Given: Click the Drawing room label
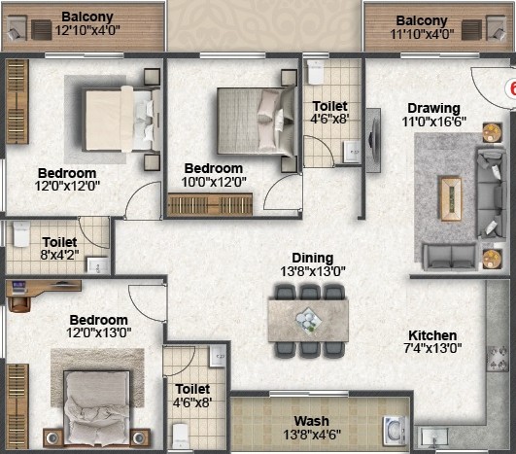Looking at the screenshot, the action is pos(433,108).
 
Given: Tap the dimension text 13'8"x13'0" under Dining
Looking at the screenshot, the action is pos(313,271).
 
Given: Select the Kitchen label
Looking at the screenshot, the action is pos(432,335).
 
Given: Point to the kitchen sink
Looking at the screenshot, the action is pos(434,437).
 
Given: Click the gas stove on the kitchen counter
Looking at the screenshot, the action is pos(498,359).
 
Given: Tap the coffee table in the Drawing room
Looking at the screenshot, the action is pos(451,198).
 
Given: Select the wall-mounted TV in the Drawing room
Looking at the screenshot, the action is pos(373,140).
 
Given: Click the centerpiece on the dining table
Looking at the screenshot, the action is pos(308,320).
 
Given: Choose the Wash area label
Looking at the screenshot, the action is pos(311,421).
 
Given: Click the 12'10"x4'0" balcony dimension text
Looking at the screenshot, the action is pos(87,30).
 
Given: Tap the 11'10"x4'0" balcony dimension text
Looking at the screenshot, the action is pos(422,34).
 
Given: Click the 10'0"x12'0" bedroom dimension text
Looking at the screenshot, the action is pos(214,182).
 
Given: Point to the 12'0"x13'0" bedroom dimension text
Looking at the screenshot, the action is pos(99,332).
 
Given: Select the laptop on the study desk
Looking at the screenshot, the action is pos(18,286).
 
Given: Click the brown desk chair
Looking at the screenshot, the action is pos(19,303).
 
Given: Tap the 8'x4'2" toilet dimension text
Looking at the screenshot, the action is pos(59,255).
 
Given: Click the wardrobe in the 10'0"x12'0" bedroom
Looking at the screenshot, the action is pos(210,205).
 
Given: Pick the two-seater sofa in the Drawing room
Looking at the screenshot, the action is pos(450,257).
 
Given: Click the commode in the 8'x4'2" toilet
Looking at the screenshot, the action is pos(21,234).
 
